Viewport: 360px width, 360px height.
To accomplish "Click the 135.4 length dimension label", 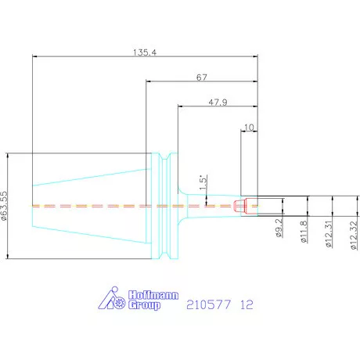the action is (145, 52).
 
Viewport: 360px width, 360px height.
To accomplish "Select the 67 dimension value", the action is (202, 77).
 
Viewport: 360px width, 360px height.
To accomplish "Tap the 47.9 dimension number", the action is (218, 102).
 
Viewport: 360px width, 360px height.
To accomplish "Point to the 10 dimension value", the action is (249, 128).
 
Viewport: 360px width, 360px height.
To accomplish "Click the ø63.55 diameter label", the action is (5, 206).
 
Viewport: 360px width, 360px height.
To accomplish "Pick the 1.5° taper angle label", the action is (203, 182).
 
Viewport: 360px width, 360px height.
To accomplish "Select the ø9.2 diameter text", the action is (279, 228).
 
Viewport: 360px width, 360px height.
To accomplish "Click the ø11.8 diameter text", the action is (304, 232).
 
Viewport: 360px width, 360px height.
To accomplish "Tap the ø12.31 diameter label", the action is (329, 234).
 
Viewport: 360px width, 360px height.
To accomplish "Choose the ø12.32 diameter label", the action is (354, 236).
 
